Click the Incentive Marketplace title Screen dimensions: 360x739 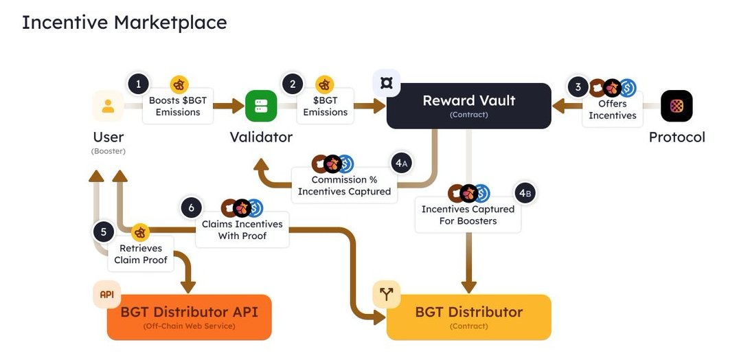(x=124, y=23)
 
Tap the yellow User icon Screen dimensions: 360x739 (x=108, y=106)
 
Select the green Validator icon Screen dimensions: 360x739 (x=261, y=106)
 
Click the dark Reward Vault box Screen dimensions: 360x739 (x=468, y=106)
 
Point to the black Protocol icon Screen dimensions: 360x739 (x=677, y=106)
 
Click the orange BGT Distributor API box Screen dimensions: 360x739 (x=189, y=317)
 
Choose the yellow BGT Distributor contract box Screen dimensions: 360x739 (x=468, y=317)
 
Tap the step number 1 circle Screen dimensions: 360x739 (x=138, y=85)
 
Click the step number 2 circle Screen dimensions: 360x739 (x=293, y=85)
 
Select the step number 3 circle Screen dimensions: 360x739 (x=578, y=87)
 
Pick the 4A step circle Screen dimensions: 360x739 (x=402, y=164)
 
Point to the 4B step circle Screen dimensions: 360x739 (x=525, y=194)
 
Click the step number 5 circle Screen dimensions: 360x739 (x=104, y=232)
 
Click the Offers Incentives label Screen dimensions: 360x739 (x=612, y=110)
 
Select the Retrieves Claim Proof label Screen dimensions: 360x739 (x=141, y=254)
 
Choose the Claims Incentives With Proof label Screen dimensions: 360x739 (x=242, y=230)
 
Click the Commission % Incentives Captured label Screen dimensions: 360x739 (x=344, y=186)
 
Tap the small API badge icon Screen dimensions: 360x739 (x=106, y=294)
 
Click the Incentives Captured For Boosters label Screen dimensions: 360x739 (x=468, y=215)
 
